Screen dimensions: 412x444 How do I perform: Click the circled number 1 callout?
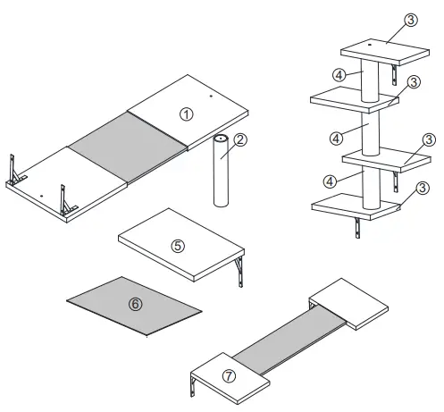click(x=186, y=114)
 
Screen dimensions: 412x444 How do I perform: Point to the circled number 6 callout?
click(x=136, y=304)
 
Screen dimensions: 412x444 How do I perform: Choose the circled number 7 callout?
click(x=229, y=376)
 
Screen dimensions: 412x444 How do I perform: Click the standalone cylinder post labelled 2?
click(x=221, y=174)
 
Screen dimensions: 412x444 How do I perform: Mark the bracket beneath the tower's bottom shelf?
click(x=357, y=227)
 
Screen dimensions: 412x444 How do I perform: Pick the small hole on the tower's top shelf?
click(x=370, y=43)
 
